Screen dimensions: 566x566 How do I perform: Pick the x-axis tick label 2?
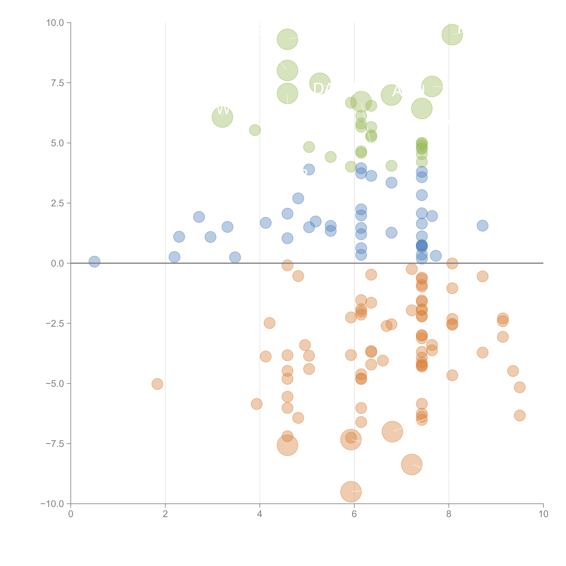pyautogui.click(x=165, y=514)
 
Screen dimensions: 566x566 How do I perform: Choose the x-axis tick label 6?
pyautogui.click(x=354, y=514)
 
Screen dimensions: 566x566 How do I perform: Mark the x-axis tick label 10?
pyautogui.click(x=543, y=514)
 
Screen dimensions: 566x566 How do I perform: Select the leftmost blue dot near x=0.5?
pyautogui.click(x=94, y=262)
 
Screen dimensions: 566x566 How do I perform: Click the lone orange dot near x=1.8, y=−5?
pyautogui.click(x=157, y=384)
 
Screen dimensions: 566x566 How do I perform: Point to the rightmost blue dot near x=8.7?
pyautogui.click(x=482, y=226)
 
